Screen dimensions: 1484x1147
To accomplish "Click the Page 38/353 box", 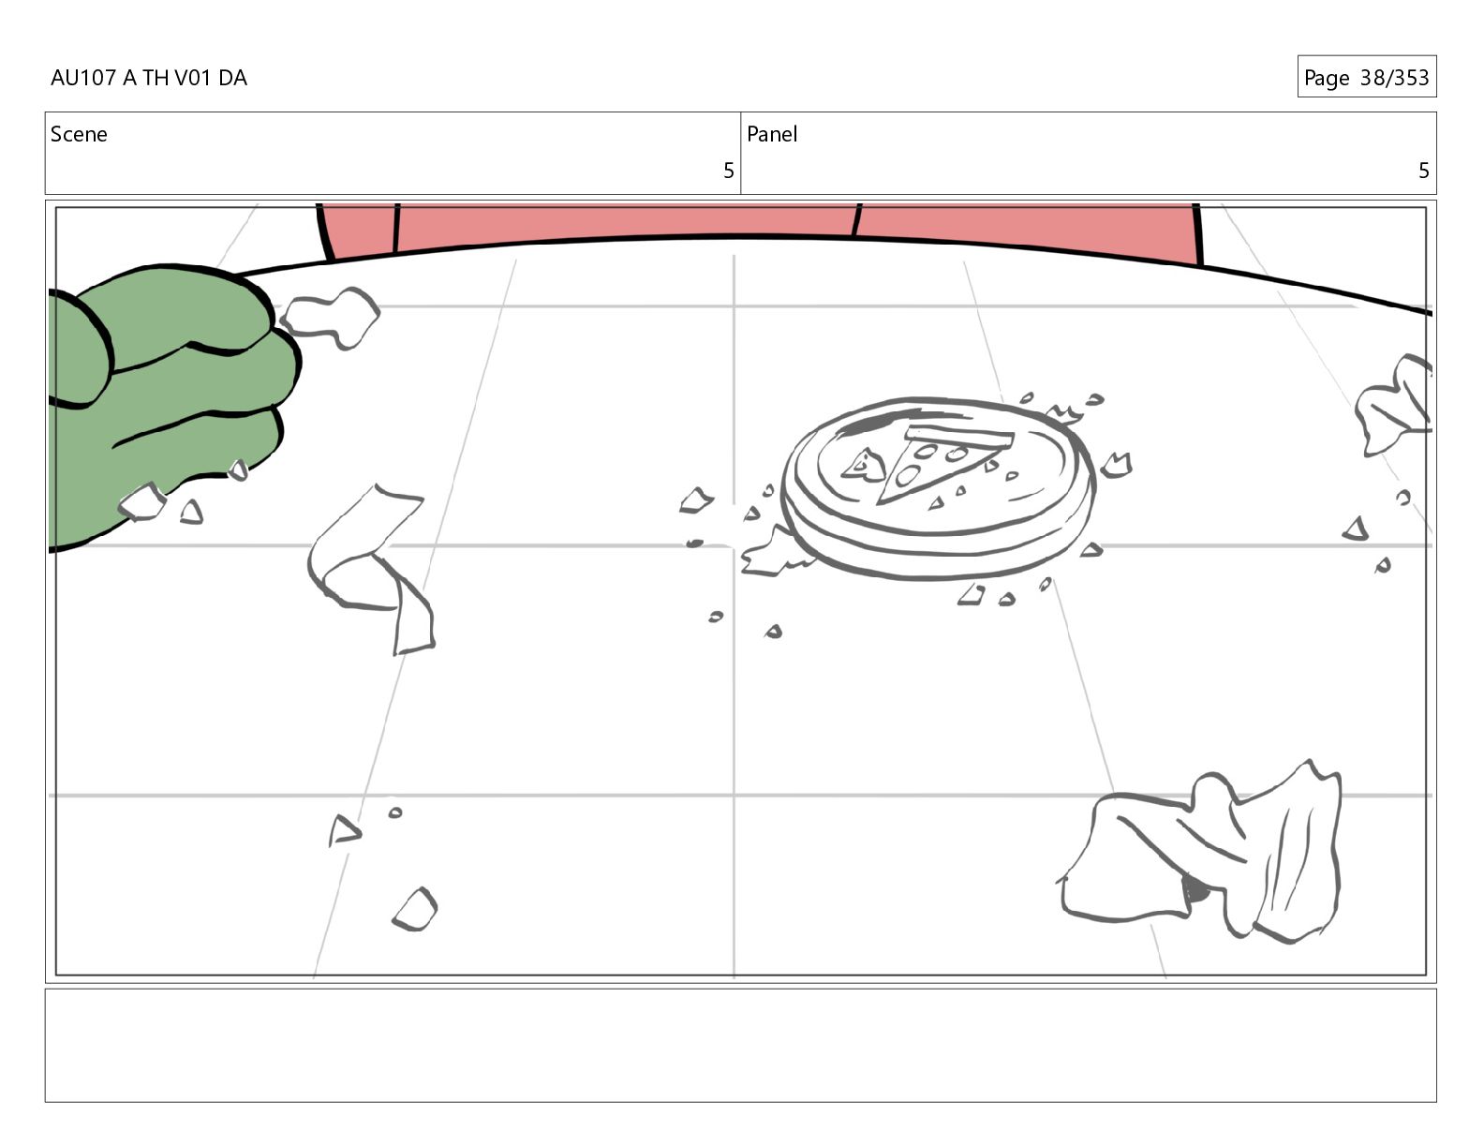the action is [1367, 77].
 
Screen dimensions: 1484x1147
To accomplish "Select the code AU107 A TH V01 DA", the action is [149, 78].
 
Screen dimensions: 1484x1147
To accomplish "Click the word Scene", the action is [79, 134].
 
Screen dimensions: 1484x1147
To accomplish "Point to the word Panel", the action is [772, 134].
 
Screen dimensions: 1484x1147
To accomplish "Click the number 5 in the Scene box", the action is [729, 171].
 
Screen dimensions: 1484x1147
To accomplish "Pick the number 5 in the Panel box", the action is [1423, 171].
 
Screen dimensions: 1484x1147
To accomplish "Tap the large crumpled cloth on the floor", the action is [1202, 854].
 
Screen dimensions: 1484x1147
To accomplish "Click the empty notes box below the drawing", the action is [741, 1045].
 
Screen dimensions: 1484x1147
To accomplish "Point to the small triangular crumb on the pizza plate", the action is [864, 465].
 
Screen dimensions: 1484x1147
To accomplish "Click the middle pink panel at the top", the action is [625, 222].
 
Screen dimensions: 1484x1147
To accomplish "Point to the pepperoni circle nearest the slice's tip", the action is [907, 476].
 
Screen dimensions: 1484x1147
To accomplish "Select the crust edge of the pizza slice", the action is [959, 435].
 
